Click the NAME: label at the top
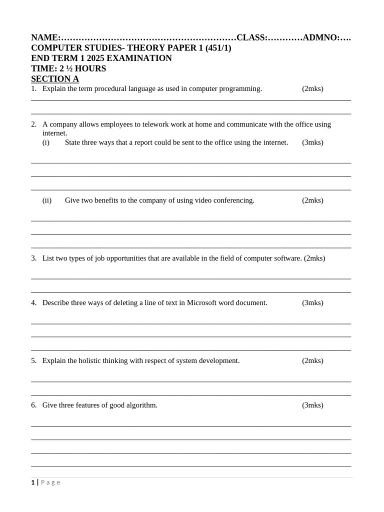(45, 37)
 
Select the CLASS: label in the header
(252, 37)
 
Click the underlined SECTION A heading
(55, 79)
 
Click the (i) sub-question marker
(46, 142)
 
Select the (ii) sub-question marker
(47, 200)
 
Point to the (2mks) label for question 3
(314, 258)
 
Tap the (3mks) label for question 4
(312, 303)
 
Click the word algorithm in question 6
(142, 405)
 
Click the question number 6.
(33, 405)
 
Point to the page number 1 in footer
(33, 482)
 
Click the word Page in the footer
(50, 482)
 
